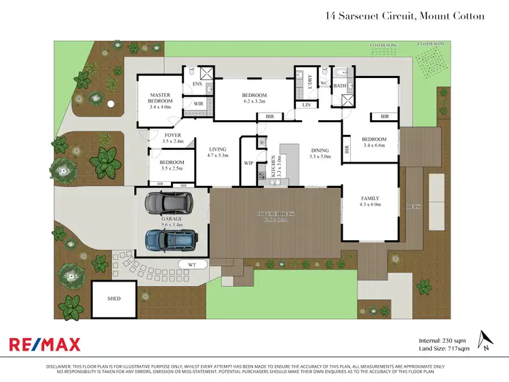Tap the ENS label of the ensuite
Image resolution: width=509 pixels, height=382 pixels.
pos(197,84)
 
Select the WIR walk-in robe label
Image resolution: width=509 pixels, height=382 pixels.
pos(199,104)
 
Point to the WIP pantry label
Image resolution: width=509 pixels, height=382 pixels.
pos(248,163)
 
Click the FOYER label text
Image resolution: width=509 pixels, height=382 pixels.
pos(173,135)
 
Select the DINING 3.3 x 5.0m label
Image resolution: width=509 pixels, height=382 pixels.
pos(319,154)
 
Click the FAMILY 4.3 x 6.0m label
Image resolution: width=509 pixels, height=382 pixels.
pos(370,201)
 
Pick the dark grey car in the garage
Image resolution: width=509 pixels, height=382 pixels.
pos(167,203)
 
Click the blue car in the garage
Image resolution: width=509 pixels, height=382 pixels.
pos(171,239)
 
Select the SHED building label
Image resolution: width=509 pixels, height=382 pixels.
pos(114,299)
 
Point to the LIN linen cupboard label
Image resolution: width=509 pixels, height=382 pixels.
pos(307,105)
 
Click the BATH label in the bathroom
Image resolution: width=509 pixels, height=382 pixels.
pos(339,86)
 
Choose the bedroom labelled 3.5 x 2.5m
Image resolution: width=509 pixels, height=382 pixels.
pos(172,166)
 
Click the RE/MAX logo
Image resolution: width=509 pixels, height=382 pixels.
pos(44,344)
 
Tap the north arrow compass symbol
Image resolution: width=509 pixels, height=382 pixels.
pos(484,340)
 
